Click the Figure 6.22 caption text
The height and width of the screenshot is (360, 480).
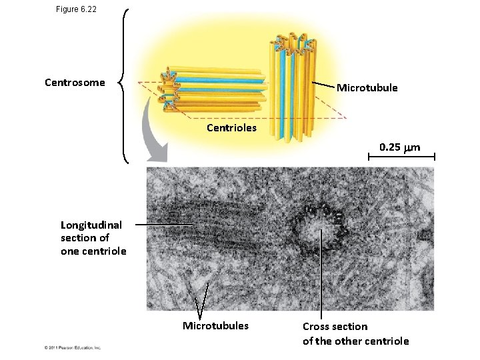click(77, 9)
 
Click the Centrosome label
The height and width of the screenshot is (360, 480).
click(75, 83)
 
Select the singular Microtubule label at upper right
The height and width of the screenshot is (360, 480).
click(367, 88)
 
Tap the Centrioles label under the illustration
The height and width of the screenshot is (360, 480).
click(231, 127)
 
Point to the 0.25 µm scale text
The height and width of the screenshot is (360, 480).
click(400, 147)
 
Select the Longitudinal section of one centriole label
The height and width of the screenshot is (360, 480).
click(93, 238)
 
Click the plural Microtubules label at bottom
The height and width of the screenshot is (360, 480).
click(215, 326)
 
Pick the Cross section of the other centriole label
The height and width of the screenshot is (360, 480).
click(355, 334)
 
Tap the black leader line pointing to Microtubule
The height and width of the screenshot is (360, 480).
click(323, 85)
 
